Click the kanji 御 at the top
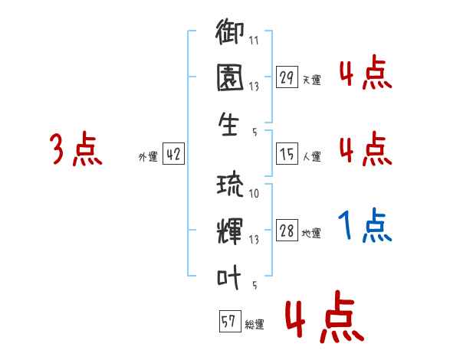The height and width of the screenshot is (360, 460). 231,34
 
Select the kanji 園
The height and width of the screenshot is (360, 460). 231,80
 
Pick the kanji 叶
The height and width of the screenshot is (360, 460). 231,279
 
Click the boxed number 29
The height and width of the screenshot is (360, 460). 287,77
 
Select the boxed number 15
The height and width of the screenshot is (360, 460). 287,155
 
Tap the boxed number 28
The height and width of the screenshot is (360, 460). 287,231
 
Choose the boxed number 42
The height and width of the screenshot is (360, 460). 172,155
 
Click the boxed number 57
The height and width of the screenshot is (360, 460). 228,322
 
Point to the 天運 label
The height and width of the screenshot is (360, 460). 311,80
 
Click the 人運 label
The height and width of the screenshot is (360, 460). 311,157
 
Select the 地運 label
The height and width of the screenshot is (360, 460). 311,234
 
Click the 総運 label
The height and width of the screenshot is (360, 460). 254,324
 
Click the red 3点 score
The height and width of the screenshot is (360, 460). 76,149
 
